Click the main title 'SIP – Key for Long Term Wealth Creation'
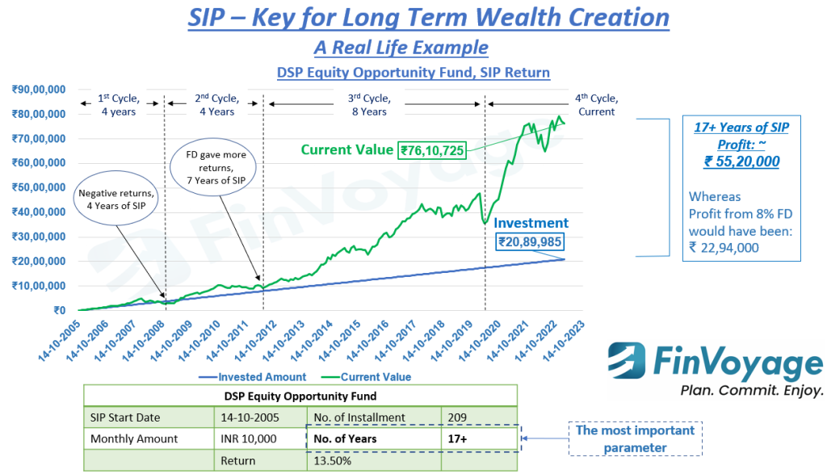[x=428, y=17]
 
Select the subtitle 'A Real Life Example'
[x=401, y=47]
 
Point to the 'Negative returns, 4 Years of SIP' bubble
[x=115, y=199]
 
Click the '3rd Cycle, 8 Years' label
[x=374, y=105]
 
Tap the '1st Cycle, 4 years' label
[x=119, y=105]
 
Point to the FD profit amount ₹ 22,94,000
[x=724, y=248]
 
